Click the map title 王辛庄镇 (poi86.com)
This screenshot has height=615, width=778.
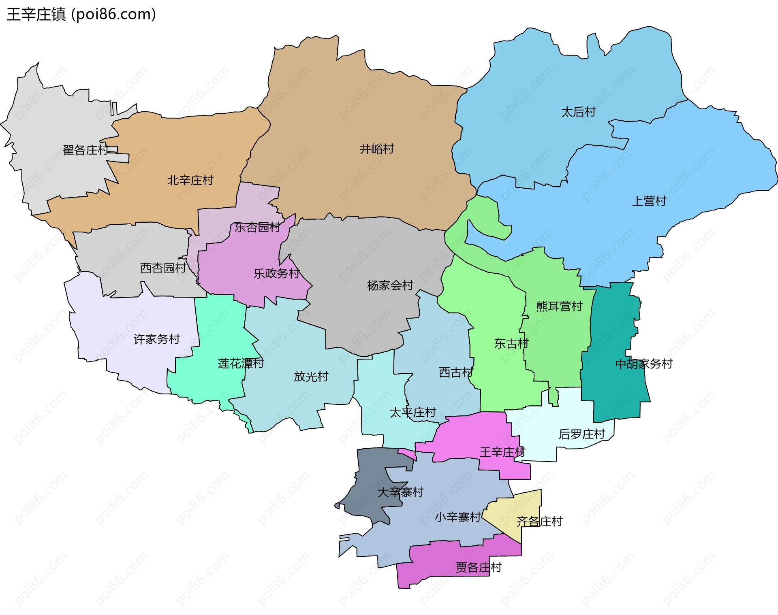pyautogui.click(x=81, y=15)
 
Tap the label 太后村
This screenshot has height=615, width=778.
pyautogui.click(x=578, y=112)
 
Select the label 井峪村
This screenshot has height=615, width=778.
pyautogui.click(x=376, y=149)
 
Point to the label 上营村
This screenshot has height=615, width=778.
pyautogui.click(x=649, y=201)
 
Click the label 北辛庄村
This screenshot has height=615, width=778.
pyautogui.click(x=190, y=181)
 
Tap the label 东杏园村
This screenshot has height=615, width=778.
pyautogui.click(x=257, y=228)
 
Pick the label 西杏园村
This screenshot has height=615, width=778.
pyautogui.click(x=163, y=268)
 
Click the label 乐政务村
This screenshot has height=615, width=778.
pyautogui.click(x=276, y=274)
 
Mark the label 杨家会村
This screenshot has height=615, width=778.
pyautogui.click(x=390, y=286)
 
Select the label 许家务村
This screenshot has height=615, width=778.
pyautogui.click(x=157, y=339)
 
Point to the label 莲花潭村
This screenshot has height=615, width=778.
pyautogui.click(x=241, y=364)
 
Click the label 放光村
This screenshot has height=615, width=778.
pyautogui.click(x=311, y=377)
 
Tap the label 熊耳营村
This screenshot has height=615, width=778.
pyautogui.click(x=559, y=306)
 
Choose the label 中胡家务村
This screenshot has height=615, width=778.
pyautogui.click(x=643, y=364)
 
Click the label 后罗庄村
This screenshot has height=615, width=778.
pyautogui.click(x=581, y=434)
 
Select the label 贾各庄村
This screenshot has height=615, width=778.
pyautogui.click(x=479, y=568)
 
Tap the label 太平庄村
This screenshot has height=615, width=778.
pyautogui.click(x=413, y=413)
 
